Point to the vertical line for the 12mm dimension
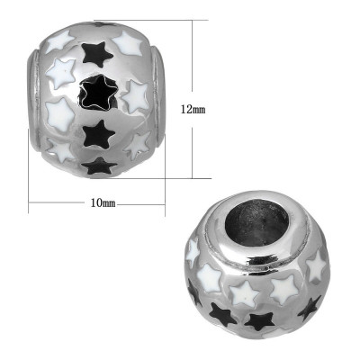192,63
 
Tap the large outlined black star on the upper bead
96,90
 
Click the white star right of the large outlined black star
138,95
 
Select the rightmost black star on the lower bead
309,306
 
